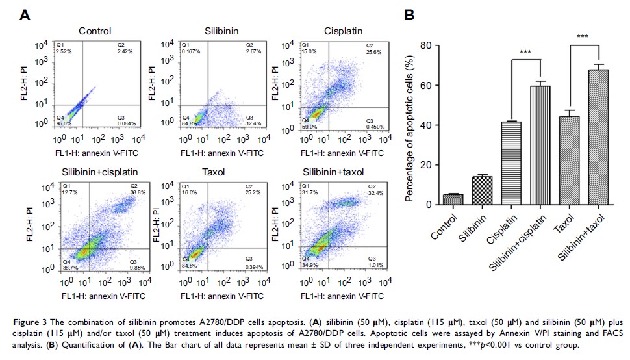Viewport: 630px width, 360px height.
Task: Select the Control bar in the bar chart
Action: click(x=453, y=199)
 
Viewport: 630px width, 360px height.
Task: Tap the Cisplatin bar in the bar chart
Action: click(x=511, y=163)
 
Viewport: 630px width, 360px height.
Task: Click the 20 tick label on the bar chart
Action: click(x=427, y=165)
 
